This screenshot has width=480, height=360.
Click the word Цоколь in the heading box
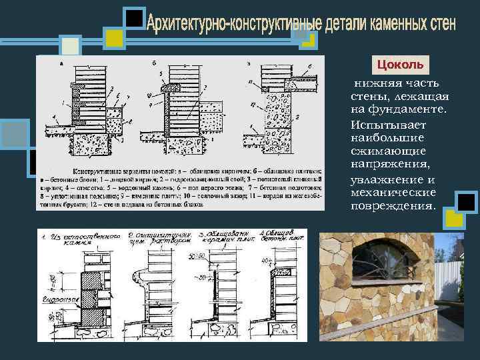click(x=400, y=65)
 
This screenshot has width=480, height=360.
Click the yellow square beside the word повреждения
click(x=455, y=219)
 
